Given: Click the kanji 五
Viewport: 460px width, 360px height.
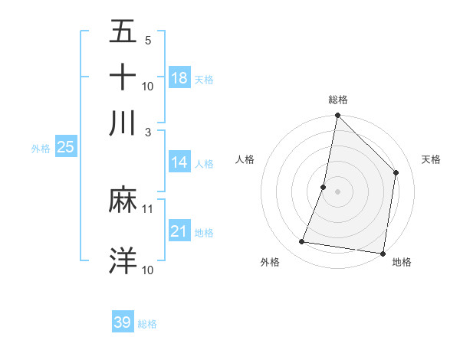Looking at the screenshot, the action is (123, 33).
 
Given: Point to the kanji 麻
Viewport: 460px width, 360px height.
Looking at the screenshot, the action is (123, 201).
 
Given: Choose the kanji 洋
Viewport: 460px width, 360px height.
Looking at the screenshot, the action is (123, 260).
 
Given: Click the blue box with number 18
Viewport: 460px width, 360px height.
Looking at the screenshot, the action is (179, 78).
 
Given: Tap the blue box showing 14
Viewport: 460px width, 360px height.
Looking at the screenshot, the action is (179, 162).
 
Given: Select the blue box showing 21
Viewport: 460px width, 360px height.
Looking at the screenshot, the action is (179, 231).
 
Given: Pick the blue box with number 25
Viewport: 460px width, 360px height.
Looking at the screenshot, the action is (65, 148).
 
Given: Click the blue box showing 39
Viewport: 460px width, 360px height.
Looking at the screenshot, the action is (123, 322).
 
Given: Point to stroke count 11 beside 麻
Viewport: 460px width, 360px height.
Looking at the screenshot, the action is (148, 208).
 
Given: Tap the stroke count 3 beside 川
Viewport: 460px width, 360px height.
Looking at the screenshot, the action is (148, 131).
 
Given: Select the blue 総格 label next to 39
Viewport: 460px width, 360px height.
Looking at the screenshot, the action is (147, 324).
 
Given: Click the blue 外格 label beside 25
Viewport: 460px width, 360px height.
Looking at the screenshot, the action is (41, 149).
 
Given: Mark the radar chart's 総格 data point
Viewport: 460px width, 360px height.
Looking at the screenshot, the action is (337, 116).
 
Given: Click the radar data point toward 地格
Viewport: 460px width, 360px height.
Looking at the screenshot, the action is (383, 253).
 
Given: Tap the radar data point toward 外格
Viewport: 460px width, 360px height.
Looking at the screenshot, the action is (302, 242).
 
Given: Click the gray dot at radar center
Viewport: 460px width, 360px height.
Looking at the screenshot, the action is (337, 191).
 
